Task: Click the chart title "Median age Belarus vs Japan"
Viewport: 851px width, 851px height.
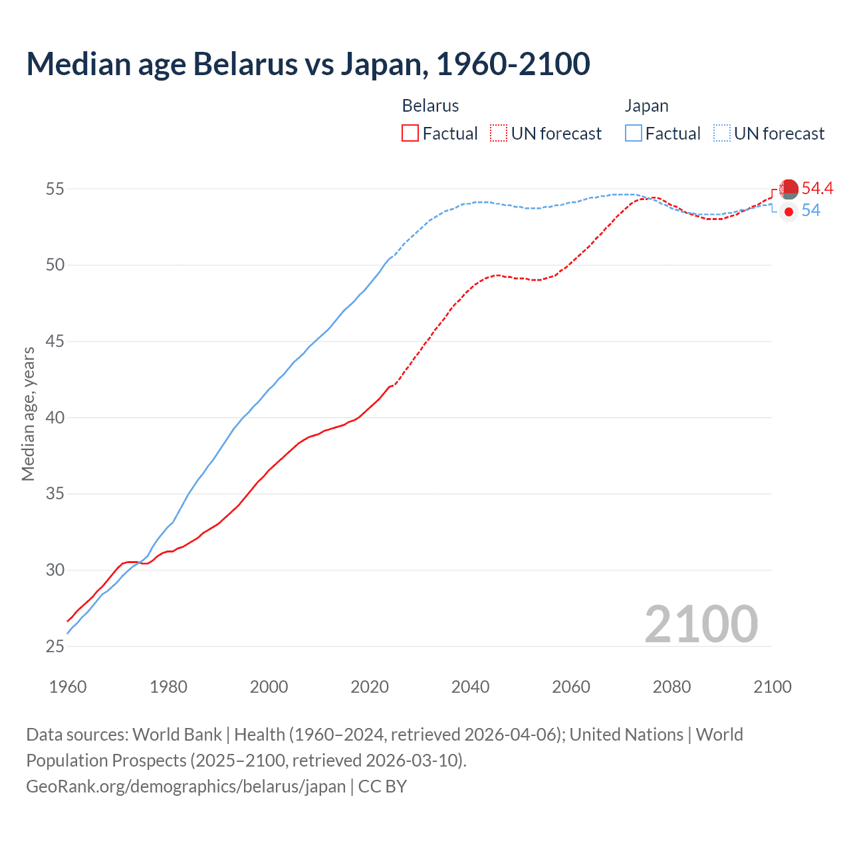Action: click(308, 64)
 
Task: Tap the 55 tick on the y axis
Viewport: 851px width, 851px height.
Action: click(55, 189)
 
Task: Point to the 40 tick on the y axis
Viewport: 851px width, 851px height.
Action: click(55, 418)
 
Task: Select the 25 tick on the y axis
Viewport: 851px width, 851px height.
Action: click(55, 646)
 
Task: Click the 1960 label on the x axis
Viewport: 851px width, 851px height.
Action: click(68, 687)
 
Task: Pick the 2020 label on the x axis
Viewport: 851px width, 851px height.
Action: click(370, 687)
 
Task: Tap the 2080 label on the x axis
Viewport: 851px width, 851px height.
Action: click(671, 687)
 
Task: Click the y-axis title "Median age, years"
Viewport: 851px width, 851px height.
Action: click(28, 414)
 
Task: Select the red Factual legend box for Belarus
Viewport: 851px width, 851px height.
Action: click(410, 134)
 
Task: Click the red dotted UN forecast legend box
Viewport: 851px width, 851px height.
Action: click(499, 134)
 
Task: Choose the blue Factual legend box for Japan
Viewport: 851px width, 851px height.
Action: click(634, 134)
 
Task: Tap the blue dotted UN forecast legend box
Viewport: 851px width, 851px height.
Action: click(722, 134)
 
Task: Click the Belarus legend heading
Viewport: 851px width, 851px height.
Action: click(430, 106)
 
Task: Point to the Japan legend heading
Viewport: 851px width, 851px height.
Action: click(646, 106)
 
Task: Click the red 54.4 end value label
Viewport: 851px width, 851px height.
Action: click(817, 189)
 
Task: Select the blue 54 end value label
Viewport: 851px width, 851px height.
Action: click(810, 211)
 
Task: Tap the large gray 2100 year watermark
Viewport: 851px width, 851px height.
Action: click(701, 624)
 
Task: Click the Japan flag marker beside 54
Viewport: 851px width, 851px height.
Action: click(789, 211)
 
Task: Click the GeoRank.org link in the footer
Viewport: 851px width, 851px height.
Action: click(185, 787)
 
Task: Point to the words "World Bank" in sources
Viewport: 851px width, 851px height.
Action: click(177, 735)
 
